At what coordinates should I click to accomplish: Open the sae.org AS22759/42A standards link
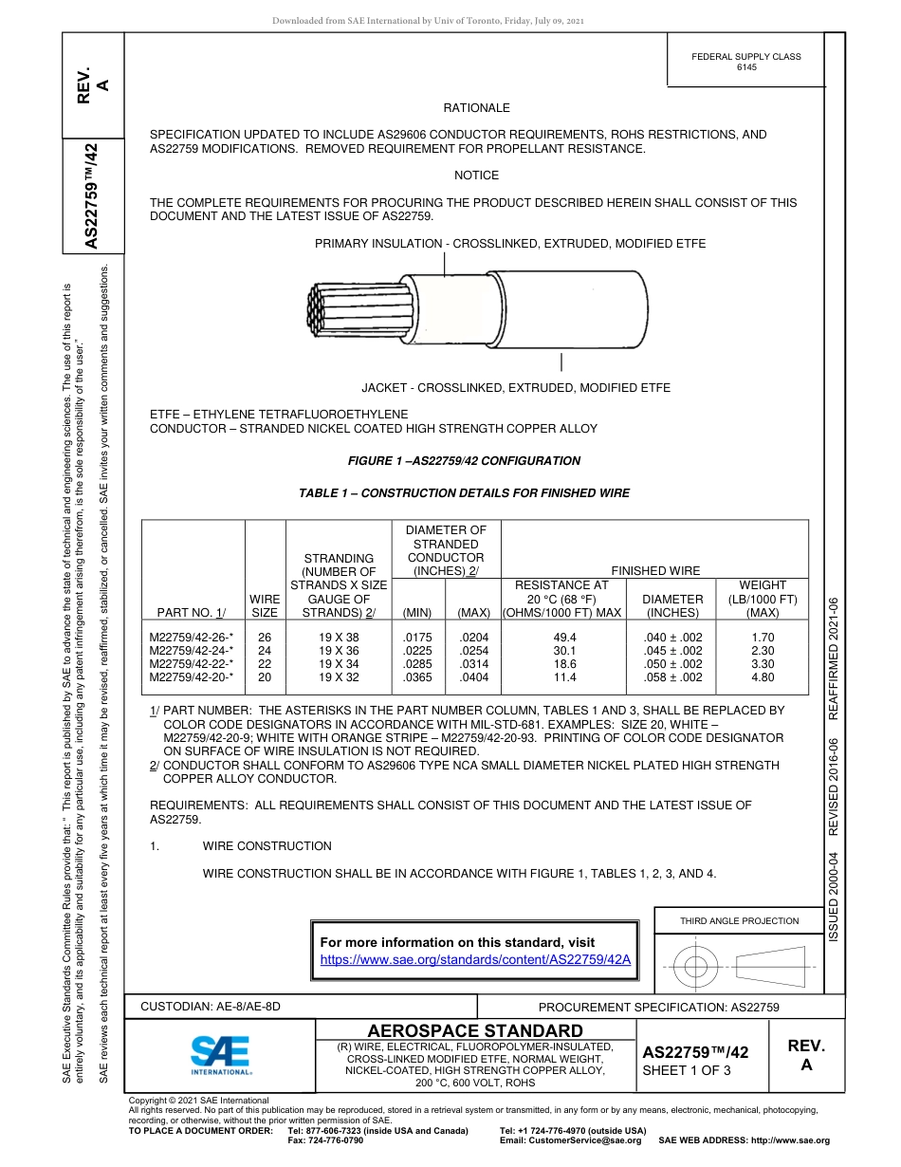[x=475, y=959]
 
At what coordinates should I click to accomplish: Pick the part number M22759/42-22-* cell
[x=192, y=664]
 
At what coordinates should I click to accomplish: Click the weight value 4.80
[x=762, y=677]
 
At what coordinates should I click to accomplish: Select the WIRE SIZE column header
[x=265, y=606]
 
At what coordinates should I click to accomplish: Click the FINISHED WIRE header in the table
[x=655, y=571]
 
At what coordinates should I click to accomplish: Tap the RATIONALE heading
[x=476, y=108]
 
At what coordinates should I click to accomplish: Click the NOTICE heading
[x=476, y=176]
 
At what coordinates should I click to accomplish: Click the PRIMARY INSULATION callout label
[x=510, y=244]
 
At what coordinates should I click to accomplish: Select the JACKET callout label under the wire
[x=516, y=388]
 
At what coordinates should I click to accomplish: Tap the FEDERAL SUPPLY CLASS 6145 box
[x=745, y=62]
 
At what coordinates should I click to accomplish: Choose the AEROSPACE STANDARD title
[x=475, y=1031]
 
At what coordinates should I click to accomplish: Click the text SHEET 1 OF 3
[x=687, y=1070]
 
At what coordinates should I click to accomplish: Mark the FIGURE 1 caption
[x=465, y=461]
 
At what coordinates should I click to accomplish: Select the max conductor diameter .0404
[x=473, y=677]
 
